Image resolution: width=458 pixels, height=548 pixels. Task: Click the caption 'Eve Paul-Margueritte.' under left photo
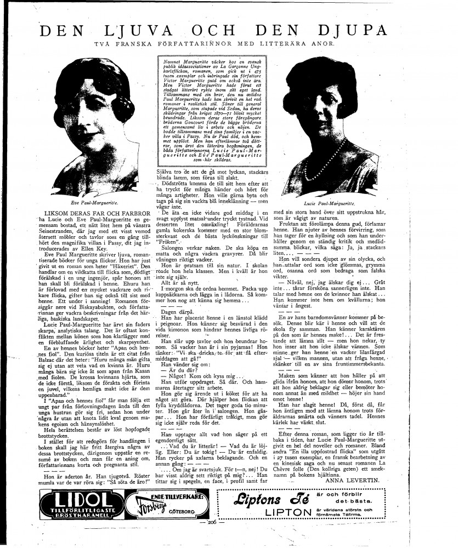click(89, 202)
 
